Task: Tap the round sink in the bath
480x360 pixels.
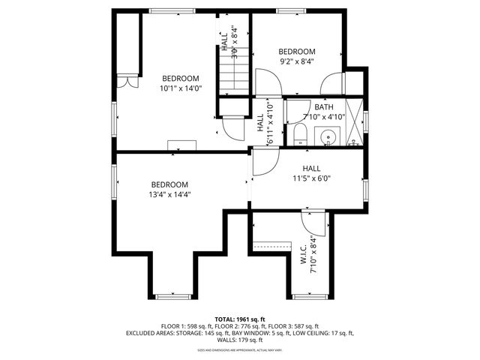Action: [327, 136]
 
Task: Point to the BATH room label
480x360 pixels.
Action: [324, 107]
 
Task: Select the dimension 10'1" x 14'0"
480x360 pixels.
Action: [181, 88]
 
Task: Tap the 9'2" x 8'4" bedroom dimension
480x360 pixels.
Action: [297, 61]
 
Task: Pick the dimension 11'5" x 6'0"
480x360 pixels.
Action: [311, 178]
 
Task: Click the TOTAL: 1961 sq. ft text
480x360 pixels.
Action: [239, 319]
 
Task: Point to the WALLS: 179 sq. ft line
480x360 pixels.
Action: [239, 339]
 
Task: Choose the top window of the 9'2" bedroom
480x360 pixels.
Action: [287, 10]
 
